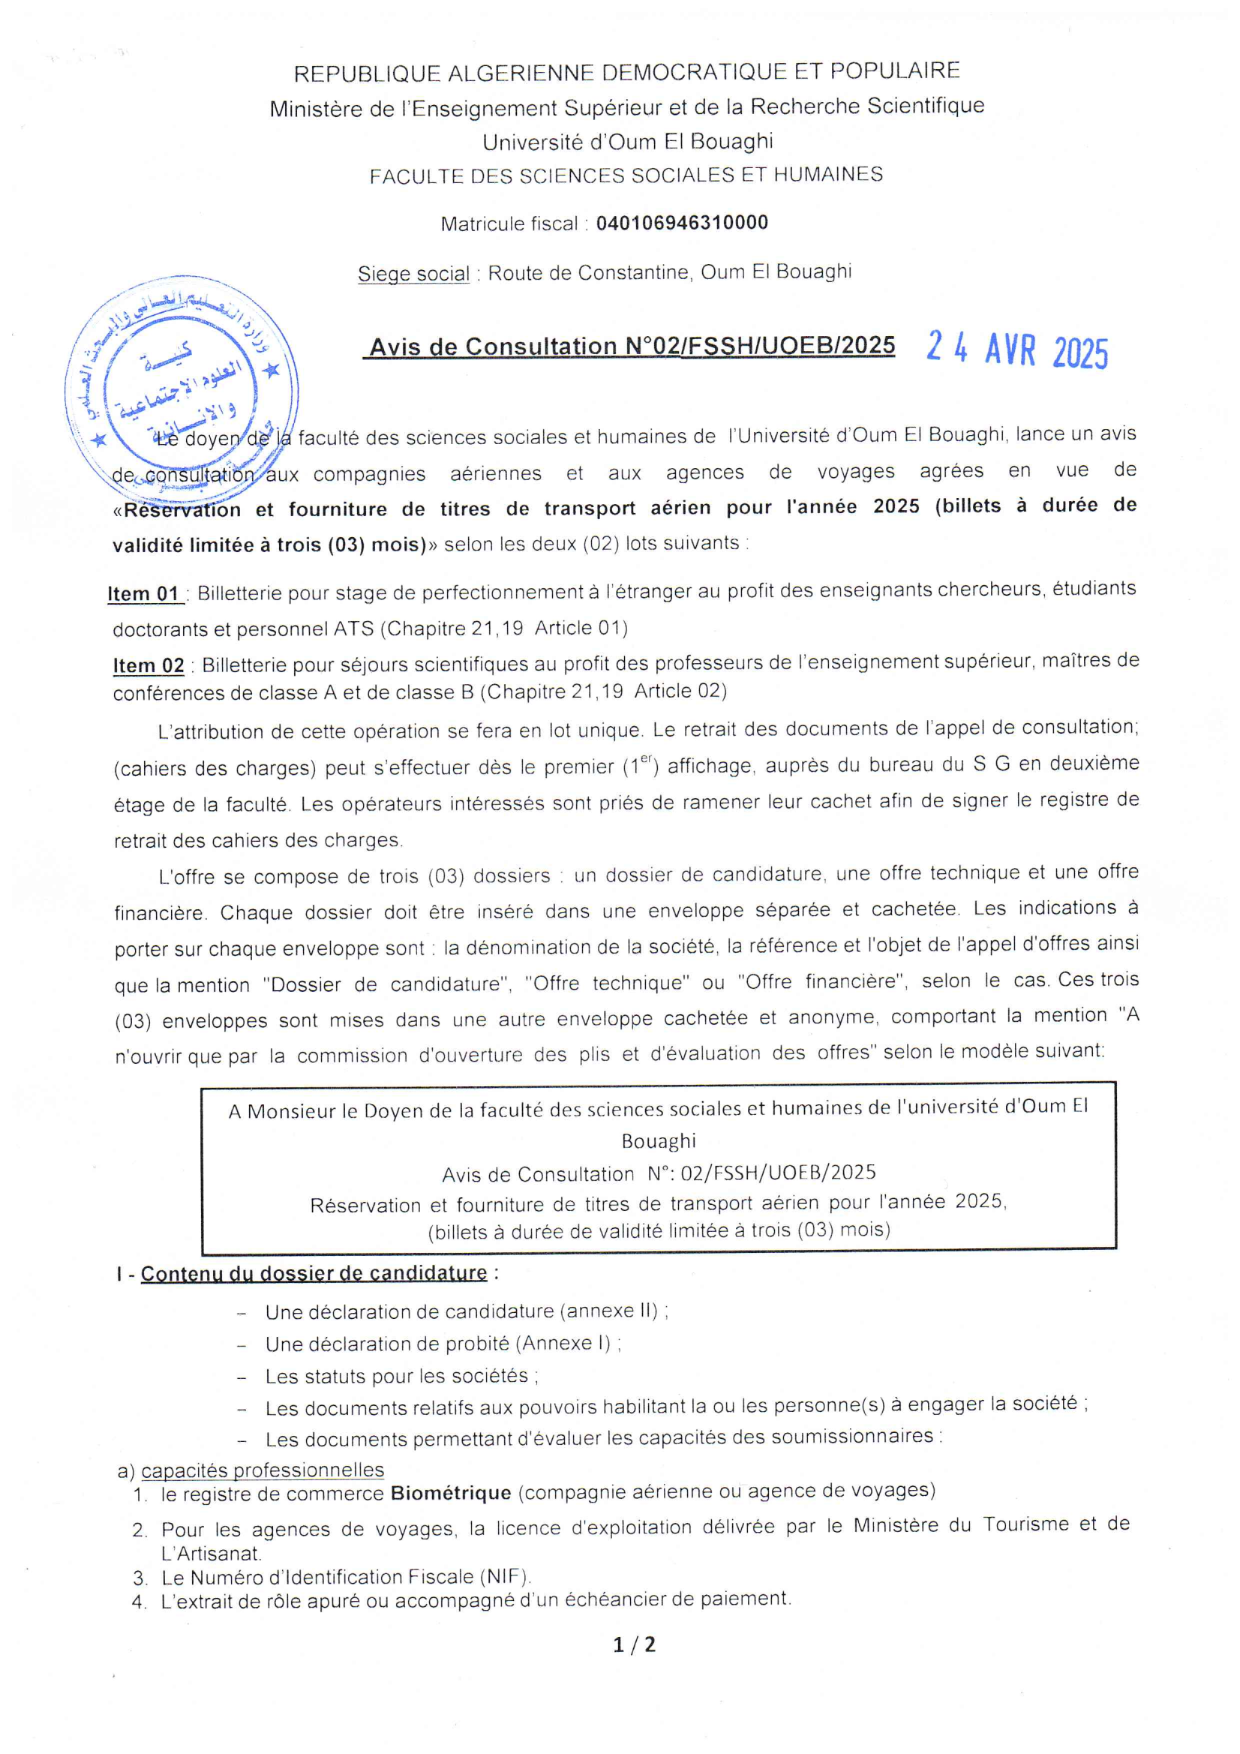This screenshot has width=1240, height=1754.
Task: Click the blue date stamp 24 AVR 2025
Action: [1017, 350]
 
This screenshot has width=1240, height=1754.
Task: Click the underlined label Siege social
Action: [413, 274]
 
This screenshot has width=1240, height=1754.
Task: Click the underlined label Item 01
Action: [143, 593]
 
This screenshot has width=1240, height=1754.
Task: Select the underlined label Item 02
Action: [149, 665]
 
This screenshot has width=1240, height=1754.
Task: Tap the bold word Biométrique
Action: [451, 1493]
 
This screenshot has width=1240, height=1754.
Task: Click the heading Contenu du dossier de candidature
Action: [314, 1272]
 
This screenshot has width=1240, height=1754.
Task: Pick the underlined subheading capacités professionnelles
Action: [263, 1470]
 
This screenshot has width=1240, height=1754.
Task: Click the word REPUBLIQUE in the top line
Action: [367, 74]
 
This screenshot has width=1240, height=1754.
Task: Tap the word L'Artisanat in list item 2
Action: [212, 1553]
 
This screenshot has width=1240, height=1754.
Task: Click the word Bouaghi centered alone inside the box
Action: [659, 1141]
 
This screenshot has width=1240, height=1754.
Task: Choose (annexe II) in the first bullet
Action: [609, 1311]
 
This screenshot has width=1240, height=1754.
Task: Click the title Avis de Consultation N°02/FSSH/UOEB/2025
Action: [632, 347]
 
